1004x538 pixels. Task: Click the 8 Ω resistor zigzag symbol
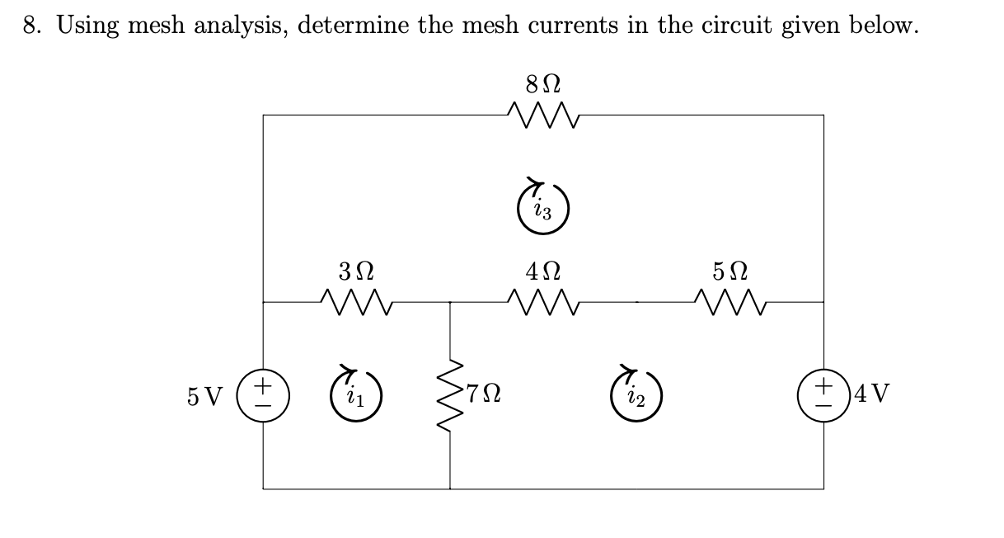[x=544, y=116]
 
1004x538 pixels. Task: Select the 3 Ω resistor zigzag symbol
[x=357, y=302]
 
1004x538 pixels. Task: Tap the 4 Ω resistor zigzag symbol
[x=544, y=302]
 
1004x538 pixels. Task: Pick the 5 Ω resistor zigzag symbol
[x=730, y=302]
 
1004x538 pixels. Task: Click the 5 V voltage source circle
[x=263, y=392]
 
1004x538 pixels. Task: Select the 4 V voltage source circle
[x=823, y=392]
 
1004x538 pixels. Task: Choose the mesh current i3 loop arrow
[x=543, y=205]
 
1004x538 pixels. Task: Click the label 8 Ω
[x=543, y=84]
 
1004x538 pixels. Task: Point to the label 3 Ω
[x=356, y=271]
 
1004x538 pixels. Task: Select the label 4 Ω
[x=543, y=271]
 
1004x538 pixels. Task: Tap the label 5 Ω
[x=730, y=271]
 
